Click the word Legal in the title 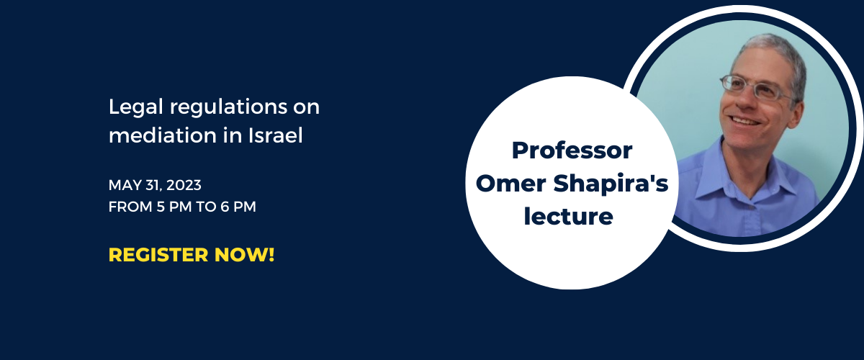[x=136, y=107]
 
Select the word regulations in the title [x=228, y=107]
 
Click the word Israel [x=275, y=135]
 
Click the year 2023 [x=184, y=185]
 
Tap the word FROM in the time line [x=130, y=207]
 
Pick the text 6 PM [x=238, y=207]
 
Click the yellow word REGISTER [x=158, y=255]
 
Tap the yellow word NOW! [x=245, y=255]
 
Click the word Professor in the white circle [x=572, y=150]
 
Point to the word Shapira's [x=611, y=184]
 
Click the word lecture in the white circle [x=569, y=216]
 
